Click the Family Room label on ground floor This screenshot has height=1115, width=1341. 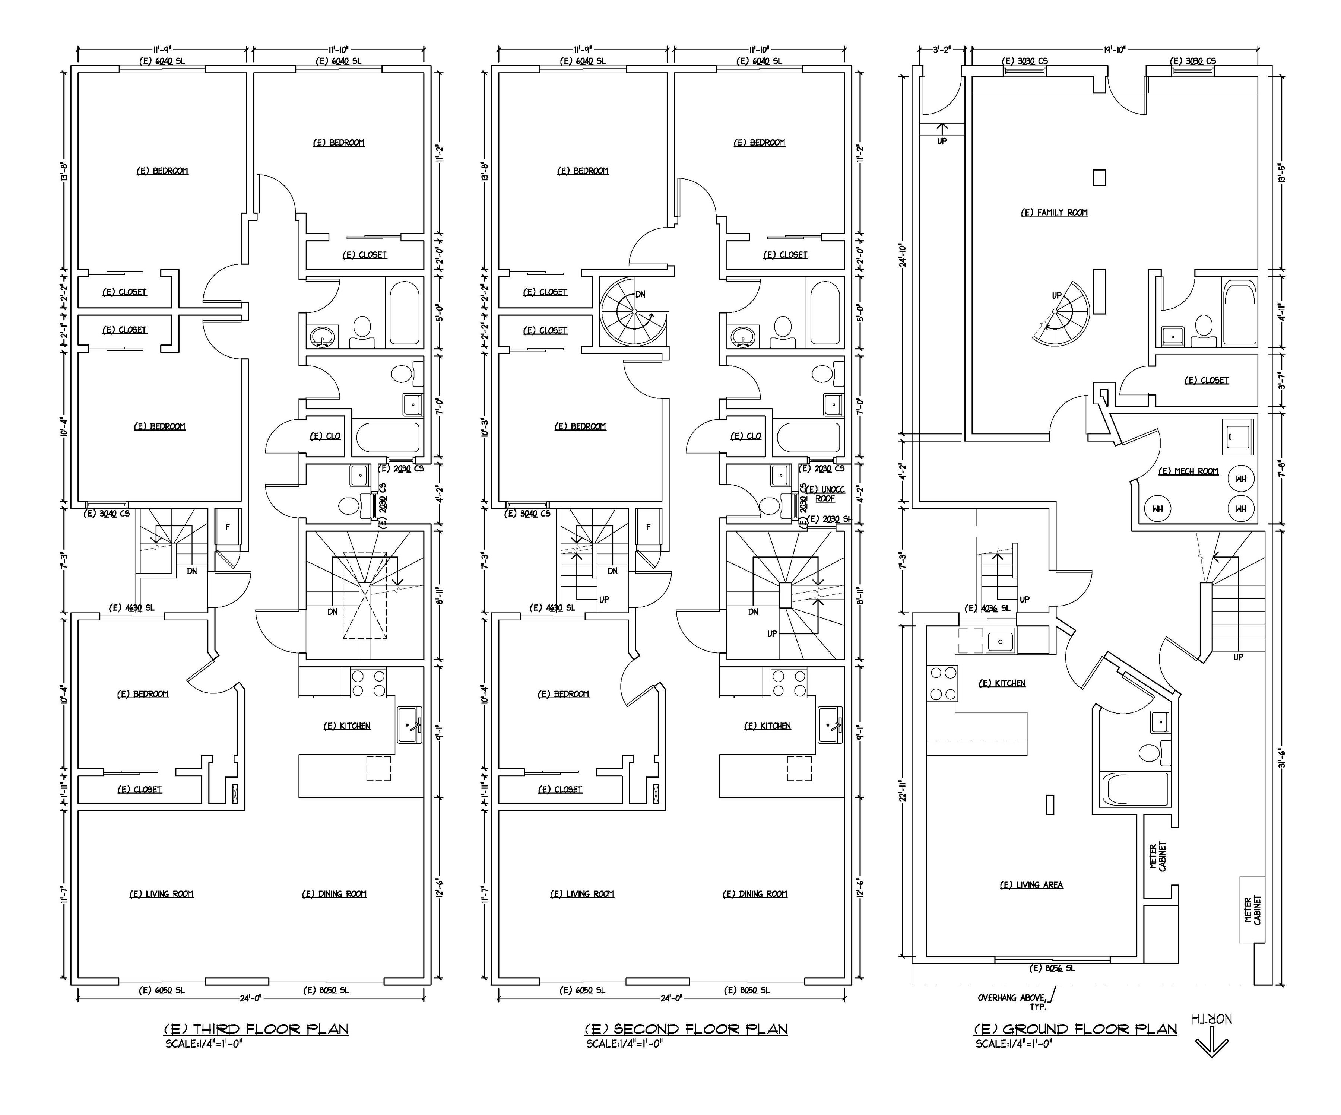[x=1054, y=213]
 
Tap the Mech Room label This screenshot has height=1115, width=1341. [x=1188, y=472]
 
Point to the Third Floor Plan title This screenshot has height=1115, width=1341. [x=256, y=1029]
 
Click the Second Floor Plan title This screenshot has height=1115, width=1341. [x=685, y=1029]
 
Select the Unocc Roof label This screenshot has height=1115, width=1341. [x=825, y=494]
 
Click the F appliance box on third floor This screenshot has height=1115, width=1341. [x=227, y=527]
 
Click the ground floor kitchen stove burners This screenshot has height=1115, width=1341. [x=942, y=683]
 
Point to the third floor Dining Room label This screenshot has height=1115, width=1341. [x=334, y=894]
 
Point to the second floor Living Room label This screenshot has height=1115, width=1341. [x=582, y=894]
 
